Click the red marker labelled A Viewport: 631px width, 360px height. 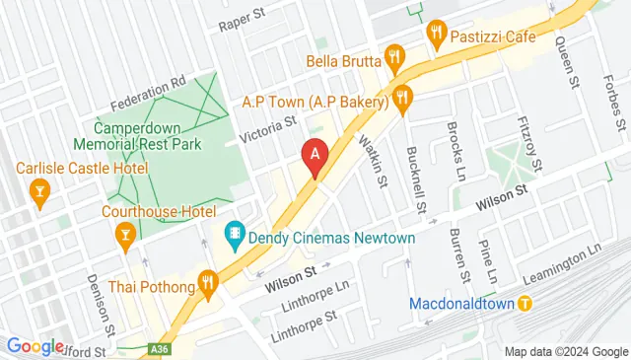pyautogui.click(x=315, y=156)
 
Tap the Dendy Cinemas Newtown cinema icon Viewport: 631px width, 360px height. pyautogui.click(x=235, y=235)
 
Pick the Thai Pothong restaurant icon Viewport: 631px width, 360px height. pyautogui.click(x=206, y=282)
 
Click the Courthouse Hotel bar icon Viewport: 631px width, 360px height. pyautogui.click(x=125, y=234)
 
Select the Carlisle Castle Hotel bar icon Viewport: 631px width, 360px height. pyautogui.click(x=40, y=187)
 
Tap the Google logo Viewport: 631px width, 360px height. pyautogui.click(x=36, y=346)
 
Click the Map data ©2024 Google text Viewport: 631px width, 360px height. pyautogui.click(x=566, y=351)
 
